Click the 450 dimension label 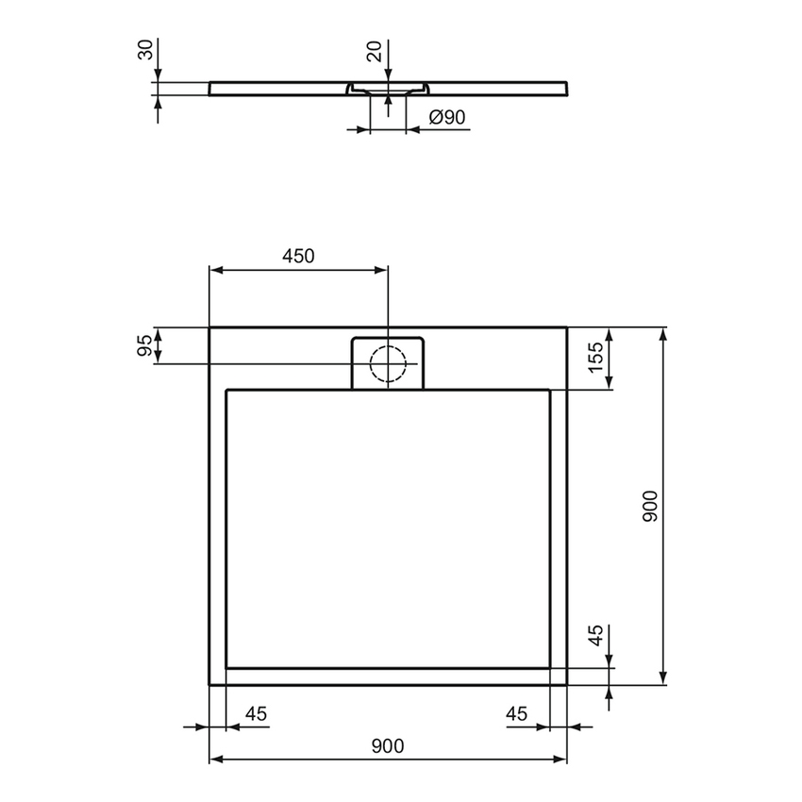[297, 256]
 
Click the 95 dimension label [145, 345]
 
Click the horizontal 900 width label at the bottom [387, 746]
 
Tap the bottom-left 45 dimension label [256, 714]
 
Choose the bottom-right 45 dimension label [516, 714]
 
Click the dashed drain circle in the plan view [387, 363]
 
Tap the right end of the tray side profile [566, 87]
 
